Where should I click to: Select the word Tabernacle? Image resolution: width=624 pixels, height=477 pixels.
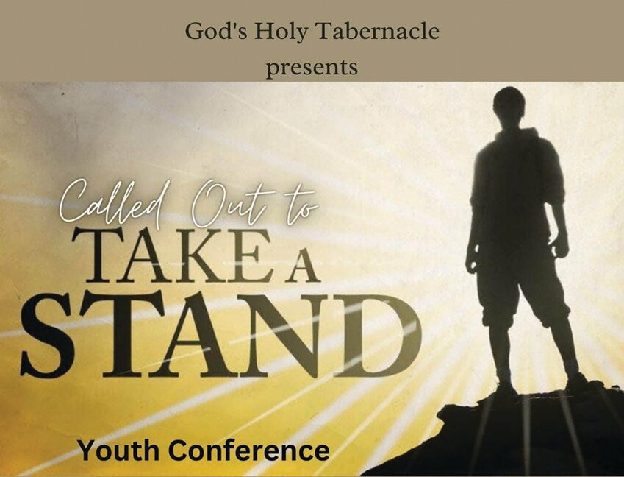click(377, 31)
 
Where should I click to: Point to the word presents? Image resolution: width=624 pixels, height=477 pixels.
click(312, 67)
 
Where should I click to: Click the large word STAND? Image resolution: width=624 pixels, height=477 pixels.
click(221, 334)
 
